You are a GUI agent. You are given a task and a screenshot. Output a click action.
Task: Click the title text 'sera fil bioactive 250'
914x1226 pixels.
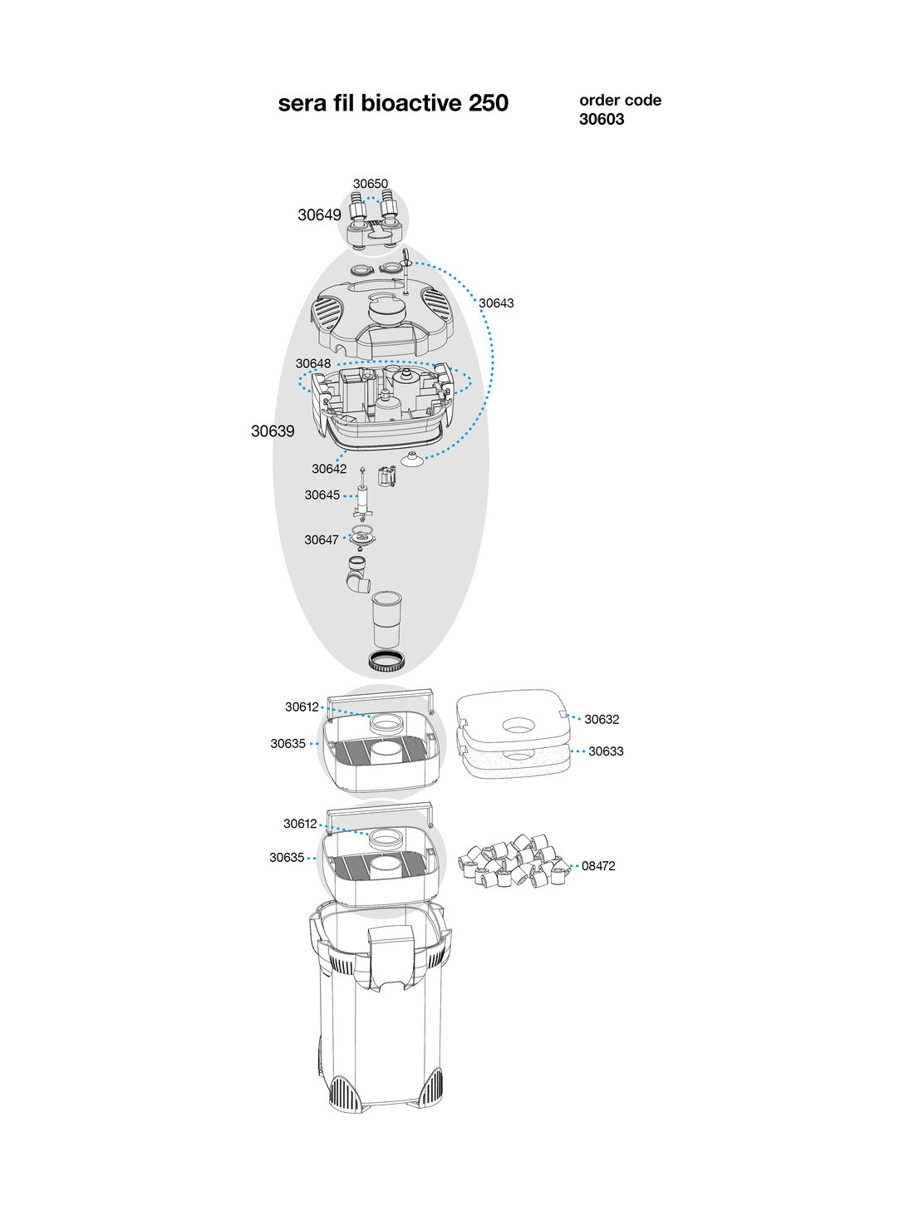[393, 103]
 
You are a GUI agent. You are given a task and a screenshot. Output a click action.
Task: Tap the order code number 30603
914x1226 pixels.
[602, 120]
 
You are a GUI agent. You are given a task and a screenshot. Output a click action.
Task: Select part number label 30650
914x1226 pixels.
[371, 184]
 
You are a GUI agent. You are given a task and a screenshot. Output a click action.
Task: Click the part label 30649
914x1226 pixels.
[319, 215]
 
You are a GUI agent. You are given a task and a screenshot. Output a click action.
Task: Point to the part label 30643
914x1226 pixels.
[496, 303]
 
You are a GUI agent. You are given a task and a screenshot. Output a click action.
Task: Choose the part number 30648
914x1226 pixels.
[313, 363]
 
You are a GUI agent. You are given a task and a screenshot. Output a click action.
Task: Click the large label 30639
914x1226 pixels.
[273, 431]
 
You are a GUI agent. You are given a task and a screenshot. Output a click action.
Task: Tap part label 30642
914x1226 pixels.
[329, 469]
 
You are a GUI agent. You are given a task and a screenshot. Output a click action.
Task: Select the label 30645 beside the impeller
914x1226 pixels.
[322, 495]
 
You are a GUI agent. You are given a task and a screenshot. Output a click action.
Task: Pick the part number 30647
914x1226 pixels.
[321, 540]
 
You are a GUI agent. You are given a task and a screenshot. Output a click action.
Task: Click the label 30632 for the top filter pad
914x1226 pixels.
[602, 720]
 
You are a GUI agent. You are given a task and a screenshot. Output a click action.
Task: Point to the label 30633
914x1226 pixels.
[606, 751]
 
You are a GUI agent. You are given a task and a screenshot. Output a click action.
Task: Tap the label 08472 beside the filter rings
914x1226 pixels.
[598, 866]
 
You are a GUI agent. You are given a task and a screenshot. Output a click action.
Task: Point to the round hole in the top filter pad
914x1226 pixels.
[518, 726]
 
